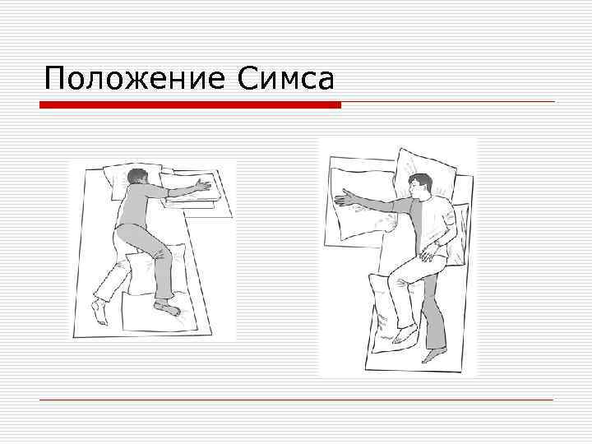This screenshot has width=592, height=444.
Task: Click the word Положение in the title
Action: click(x=135, y=78)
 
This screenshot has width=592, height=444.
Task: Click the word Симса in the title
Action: click(x=286, y=78)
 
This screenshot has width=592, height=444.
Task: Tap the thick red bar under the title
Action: click(x=190, y=104)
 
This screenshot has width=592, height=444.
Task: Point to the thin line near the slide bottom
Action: click(x=296, y=399)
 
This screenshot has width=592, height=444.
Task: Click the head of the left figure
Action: click(x=137, y=178)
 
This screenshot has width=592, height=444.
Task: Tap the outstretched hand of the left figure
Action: click(x=203, y=185)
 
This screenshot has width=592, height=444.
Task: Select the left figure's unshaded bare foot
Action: click(x=99, y=310)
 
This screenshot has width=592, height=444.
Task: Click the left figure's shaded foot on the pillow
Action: click(x=167, y=307)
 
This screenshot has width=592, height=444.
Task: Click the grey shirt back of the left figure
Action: click(x=132, y=206)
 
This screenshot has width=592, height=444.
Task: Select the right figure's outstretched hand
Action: click(x=345, y=198)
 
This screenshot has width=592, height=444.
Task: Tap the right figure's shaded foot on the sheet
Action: click(x=434, y=354)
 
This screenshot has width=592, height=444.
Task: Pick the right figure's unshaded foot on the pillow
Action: click(x=405, y=335)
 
